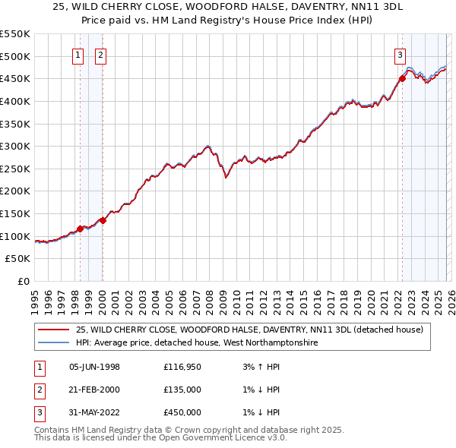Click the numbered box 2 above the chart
101,54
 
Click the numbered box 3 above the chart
400,54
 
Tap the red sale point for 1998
80,228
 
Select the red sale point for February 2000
103,220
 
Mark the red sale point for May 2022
402,78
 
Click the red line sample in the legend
53,330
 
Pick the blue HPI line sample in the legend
53,343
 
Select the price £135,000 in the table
182,390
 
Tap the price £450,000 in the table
182,412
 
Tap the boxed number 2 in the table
38,390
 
